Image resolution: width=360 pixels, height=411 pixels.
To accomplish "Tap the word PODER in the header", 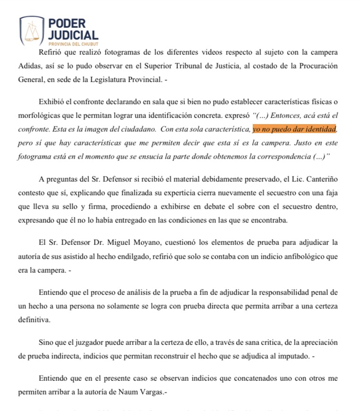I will tap(67, 23).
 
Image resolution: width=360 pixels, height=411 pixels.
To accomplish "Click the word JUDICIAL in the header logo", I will tap(73, 34).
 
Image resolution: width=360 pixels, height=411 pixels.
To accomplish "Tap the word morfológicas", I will tap(40, 116).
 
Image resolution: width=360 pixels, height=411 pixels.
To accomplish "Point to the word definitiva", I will tap(34, 319).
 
